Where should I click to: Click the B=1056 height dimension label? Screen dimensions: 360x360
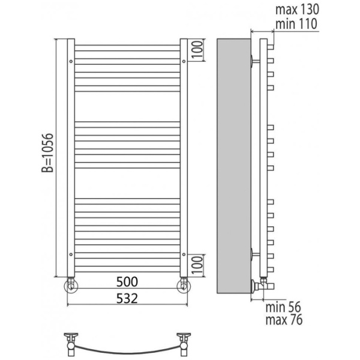pyautogui.click(x=47, y=152)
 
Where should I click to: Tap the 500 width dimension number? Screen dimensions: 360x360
pyautogui.click(x=127, y=282)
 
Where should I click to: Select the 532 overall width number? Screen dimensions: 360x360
pyautogui.click(x=127, y=298)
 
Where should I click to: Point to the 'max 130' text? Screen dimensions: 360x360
pyautogui.click(x=297, y=10)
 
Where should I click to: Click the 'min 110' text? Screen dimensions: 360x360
pyautogui.click(x=296, y=24)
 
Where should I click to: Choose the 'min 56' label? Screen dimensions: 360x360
pyautogui.click(x=283, y=307)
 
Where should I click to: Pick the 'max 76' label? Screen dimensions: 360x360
pyautogui.click(x=284, y=320)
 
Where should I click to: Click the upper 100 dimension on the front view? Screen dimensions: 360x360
pyautogui.click(x=197, y=50)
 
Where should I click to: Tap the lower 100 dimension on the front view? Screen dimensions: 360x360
pyautogui.click(x=197, y=265)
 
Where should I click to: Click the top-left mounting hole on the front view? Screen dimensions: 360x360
pyautogui.click(x=71, y=61)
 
